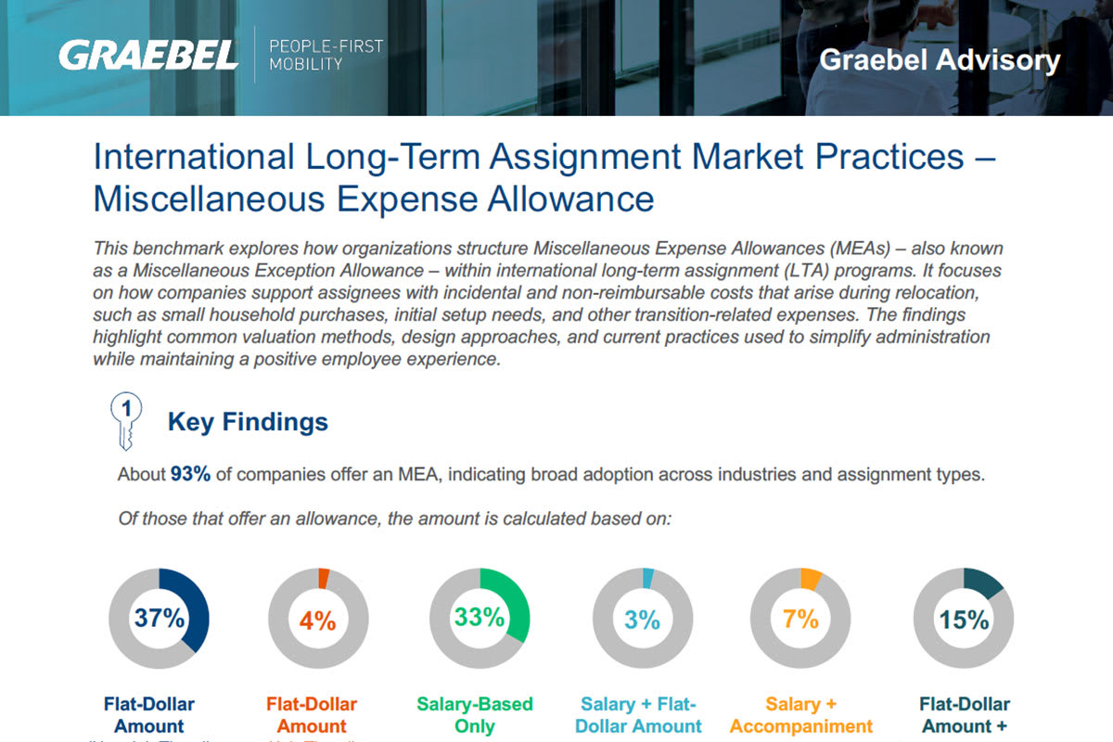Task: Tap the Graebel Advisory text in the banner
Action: (940, 60)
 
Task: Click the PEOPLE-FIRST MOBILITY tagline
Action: (325, 56)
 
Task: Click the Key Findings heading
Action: (248, 422)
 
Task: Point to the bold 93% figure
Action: (190, 475)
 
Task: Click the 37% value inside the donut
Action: (160, 618)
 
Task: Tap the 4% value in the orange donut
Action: (318, 620)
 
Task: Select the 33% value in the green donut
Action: (480, 618)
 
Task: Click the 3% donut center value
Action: (642, 620)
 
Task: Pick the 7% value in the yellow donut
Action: (800, 619)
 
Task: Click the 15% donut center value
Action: (964, 620)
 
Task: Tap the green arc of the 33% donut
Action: (516, 603)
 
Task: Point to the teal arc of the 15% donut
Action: (986, 582)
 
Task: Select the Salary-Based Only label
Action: (475, 715)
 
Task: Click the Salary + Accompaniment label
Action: (801, 715)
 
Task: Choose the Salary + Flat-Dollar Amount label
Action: (638, 715)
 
